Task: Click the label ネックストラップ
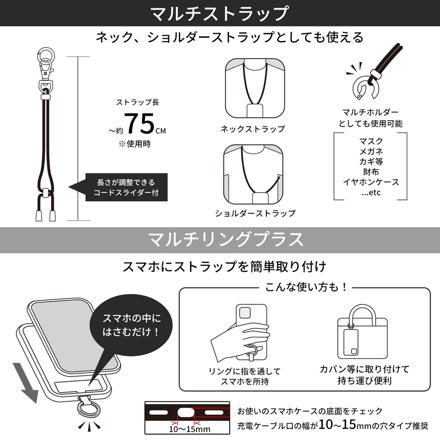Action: [x=252, y=129]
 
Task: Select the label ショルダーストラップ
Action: [x=255, y=214]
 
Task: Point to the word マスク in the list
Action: [x=371, y=142]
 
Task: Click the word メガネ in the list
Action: [x=371, y=152]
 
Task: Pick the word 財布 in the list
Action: [x=371, y=172]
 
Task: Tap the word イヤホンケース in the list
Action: [x=371, y=182]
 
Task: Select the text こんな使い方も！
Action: [x=306, y=287]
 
